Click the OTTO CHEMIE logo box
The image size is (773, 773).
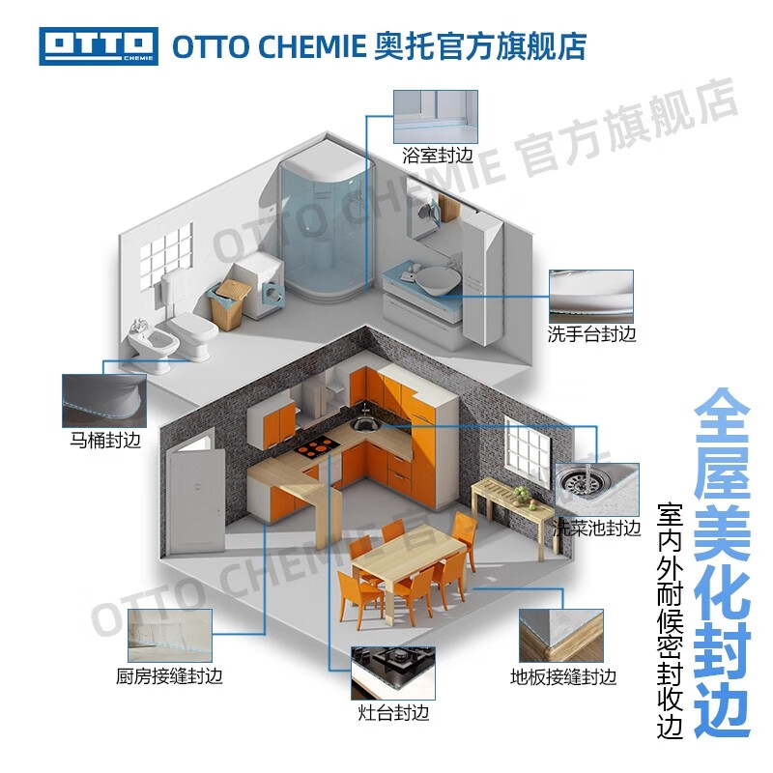pos(98,45)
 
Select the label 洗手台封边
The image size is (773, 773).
pos(591,335)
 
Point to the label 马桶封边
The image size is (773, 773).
pos(105,441)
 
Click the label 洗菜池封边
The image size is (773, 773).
pos(596,529)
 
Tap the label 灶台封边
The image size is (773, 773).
pos(392,713)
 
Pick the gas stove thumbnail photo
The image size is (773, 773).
pos(392,673)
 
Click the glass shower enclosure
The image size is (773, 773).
pos(327,222)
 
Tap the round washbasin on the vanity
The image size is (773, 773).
pos(432,280)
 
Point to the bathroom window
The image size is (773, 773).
pos(165,255)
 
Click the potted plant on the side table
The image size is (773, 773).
pos(524,494)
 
